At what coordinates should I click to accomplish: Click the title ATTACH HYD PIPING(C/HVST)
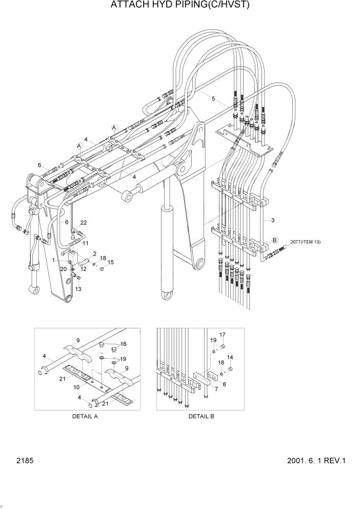(180, 6)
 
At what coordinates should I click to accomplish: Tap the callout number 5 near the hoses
(199, 96)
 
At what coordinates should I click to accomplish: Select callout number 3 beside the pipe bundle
(273, 221)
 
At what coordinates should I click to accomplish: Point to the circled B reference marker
(274, 240)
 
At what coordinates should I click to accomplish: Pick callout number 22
(84, 222)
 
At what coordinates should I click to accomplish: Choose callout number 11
(86, 243)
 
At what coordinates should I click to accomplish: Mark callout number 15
(111, 262)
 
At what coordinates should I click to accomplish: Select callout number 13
(78, 289)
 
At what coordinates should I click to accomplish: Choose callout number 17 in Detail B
(223, 335)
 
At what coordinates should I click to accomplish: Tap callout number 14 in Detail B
(230, 357)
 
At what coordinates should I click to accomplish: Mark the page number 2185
(24, 461)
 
